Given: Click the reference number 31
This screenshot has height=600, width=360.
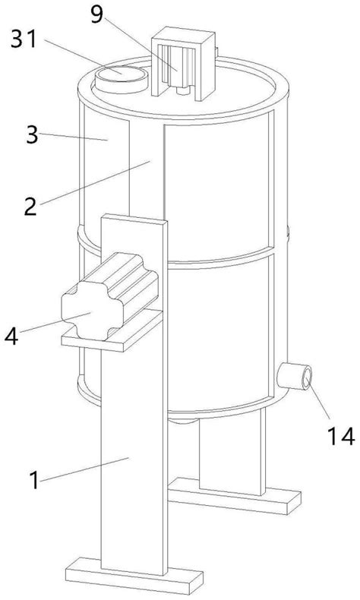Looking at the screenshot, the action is pyautogui.click(x=24, y=39).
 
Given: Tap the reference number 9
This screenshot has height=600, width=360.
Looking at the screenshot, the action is pyautogui.click(x=96, y=14).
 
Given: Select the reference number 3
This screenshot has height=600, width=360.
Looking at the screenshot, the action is pyautogui.click(x=32, y=135).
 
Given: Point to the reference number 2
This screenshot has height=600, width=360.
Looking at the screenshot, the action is pyautogui.click(x=30, y=206).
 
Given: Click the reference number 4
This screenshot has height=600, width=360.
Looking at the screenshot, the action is pyautogui.click(x=11, y=336).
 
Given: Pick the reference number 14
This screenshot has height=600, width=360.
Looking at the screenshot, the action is pyautogui.click(x=340, y=436).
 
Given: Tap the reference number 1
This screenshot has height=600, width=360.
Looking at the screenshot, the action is pyautogui.click(x=34, y=479).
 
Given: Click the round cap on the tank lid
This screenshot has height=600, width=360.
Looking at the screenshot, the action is pyautogui.click(x=122, y=79).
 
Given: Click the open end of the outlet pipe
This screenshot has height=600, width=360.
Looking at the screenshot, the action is pyautogui.click(x=307, y=378).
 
